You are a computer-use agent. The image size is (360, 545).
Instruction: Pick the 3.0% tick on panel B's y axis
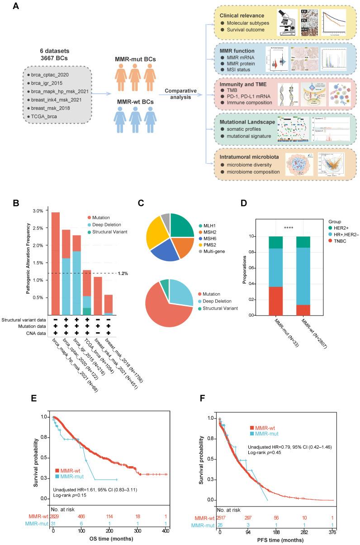coord(35,211)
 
